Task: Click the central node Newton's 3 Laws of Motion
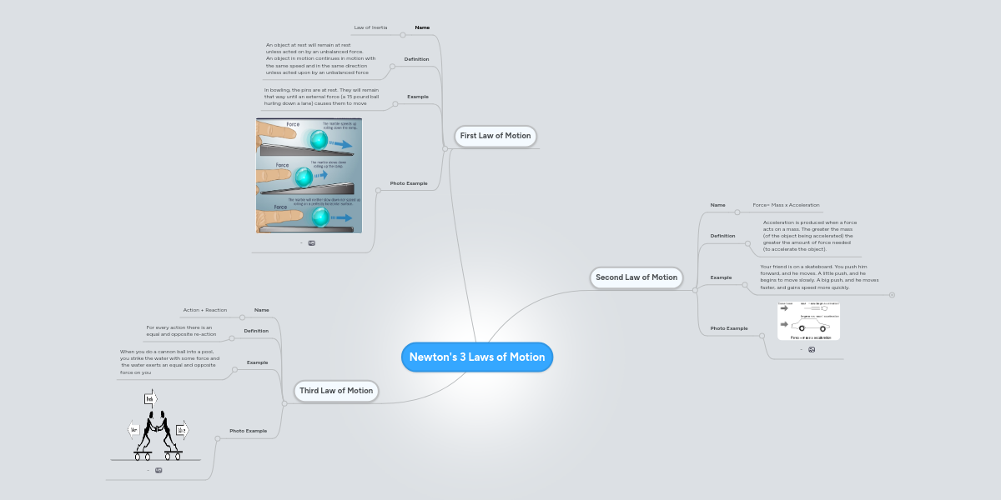pos(476,357)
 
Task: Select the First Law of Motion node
pos(495,136)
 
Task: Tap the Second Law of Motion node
pos(636,277)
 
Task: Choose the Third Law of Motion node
pos(335,390)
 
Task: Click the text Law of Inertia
pos(370,27)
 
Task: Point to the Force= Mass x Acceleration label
pos(786,205)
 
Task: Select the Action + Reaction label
pos(204,310)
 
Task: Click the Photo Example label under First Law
pos(409,183)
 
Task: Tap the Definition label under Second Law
pos(722,236)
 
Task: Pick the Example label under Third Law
pos(257,362)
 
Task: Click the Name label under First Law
pos(422,27)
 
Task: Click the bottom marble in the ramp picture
pos(319,217)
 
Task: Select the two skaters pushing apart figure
pos(157,427)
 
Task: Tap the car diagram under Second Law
pos(808,322)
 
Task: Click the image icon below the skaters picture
pos(158,470)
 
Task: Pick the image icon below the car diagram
pos(812,350)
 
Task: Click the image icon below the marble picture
pos(312,243)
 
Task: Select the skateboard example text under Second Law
pos(818,277)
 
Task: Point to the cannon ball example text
pos(169,362)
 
